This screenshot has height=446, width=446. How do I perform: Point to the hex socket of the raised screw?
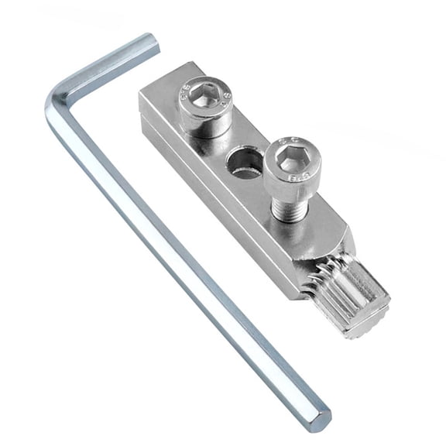(289, 161)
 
